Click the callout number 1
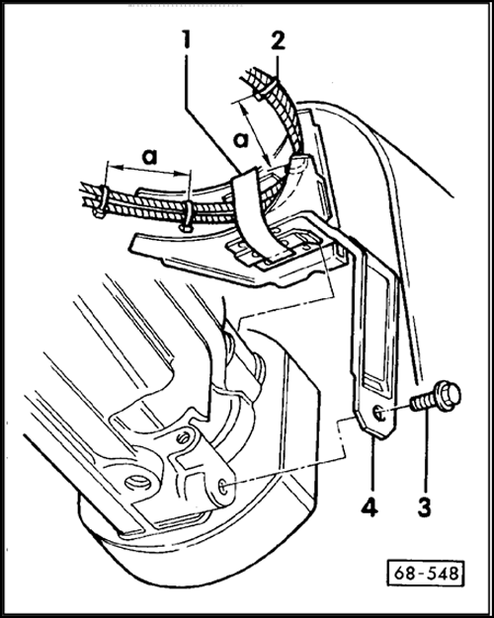[185, 39]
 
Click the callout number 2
[278, 39]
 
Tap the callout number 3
[424, 507]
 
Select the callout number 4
[370, 507]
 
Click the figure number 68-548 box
[426, 573]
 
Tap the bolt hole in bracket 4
[379, 414]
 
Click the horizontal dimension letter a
[149, 156]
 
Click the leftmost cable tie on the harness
[101, 201]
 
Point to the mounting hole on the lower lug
[223, 487]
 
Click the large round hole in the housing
[137, 481]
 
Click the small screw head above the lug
[183, 438]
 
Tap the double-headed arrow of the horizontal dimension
[148, 171]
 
